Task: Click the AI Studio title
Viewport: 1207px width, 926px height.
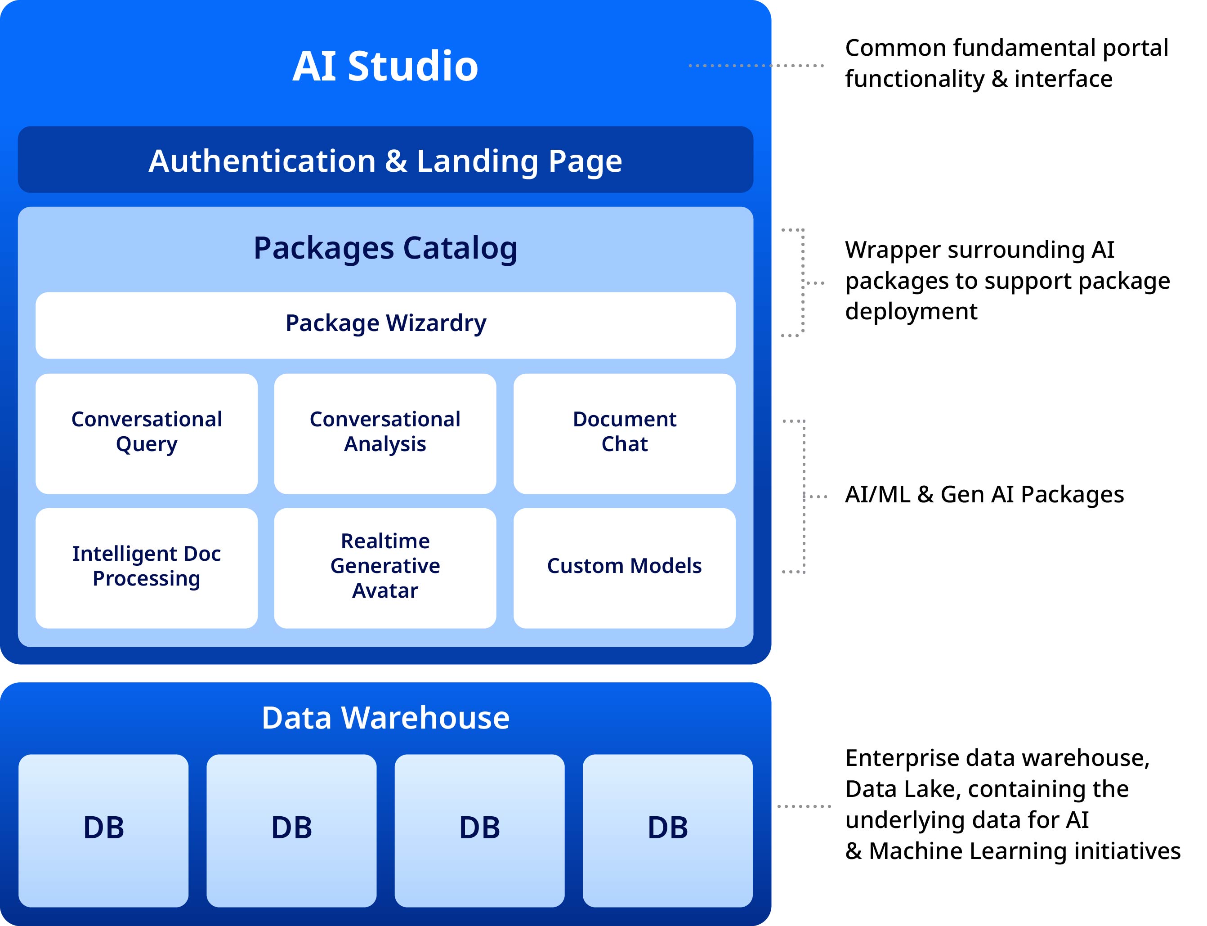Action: pos(385,66)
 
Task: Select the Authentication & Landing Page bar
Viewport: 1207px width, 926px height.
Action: pos(385,159)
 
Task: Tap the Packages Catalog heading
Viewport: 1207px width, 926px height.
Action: pos(385,248)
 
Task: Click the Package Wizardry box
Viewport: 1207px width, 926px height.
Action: pos(385,325)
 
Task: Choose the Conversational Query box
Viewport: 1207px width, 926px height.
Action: pos(147,434)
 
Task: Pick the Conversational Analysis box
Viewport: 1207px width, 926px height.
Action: pos(385,434)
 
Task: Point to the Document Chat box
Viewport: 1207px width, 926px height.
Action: pos(625,434)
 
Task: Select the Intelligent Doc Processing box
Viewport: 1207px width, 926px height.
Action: pos(147,568)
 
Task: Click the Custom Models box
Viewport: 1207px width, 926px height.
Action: pos(625,568)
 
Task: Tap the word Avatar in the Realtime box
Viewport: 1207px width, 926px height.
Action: pos(385,590)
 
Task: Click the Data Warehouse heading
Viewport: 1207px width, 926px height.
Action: pos(385,718)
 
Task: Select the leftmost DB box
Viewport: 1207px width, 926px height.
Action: pos(103,831)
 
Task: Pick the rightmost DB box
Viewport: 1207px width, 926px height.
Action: pos(667,831)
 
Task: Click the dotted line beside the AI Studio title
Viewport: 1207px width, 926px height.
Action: pos(756,66)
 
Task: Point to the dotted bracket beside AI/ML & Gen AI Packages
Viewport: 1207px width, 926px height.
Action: pos(804,497)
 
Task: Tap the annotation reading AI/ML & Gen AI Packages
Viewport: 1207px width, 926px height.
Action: pos(984,494)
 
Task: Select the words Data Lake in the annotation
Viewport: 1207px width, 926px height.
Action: pos(903,789)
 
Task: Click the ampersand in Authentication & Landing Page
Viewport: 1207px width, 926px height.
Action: pos(396,161)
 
